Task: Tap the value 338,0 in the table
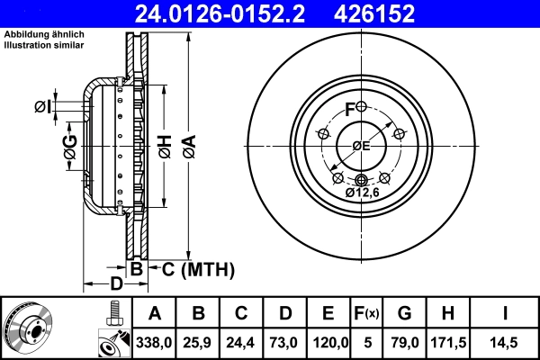point(155,342)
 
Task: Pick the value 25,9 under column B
point(199,342)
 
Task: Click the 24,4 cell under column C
point(241,342)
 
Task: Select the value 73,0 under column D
point(284,342)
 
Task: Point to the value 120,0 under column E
point(328,342)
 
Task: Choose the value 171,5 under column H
point(446,342)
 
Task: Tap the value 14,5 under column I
point(506,342)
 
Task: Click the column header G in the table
point(404,313)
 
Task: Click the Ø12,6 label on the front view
point(362,192)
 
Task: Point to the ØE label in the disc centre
point(361,146)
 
